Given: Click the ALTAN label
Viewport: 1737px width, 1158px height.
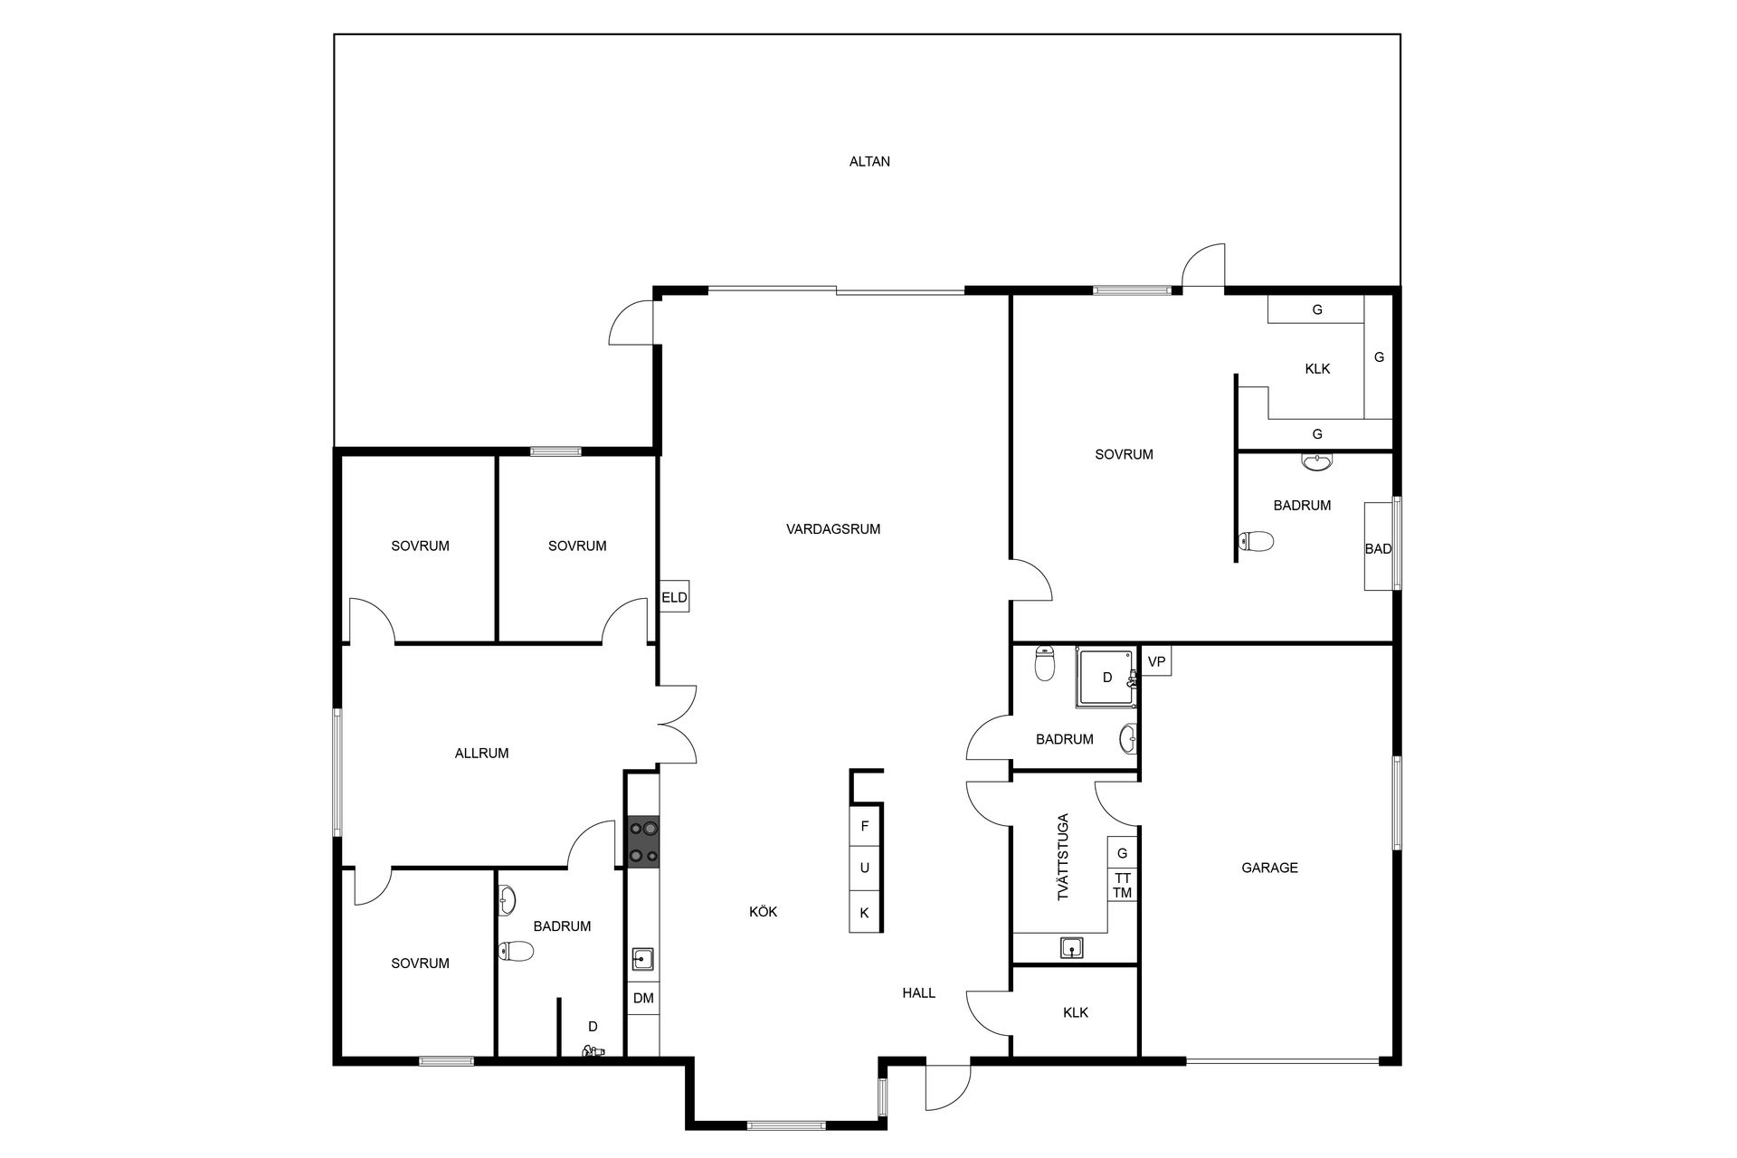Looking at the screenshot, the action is pos(869,162).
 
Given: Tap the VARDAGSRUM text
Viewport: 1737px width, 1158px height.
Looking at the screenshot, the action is pos(833,529).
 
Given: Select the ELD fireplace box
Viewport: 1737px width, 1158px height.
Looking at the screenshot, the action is pos(674,596).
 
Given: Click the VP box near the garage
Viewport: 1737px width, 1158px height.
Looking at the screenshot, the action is pos(1156,661).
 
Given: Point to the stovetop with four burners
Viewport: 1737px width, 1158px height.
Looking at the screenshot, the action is pos(643,841).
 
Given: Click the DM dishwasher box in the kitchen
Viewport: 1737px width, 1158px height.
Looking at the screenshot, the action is pos(643,999).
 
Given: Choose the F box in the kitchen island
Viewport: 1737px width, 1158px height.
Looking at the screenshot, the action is pos(864,826).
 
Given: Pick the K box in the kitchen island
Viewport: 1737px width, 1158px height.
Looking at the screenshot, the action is pos(864,913).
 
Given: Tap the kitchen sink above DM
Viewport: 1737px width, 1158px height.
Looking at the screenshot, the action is pos(642,958).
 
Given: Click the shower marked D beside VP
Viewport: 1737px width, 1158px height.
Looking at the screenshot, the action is pos(1105,677).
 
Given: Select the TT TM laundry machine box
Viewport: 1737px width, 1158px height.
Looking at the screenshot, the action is pos(1122,886).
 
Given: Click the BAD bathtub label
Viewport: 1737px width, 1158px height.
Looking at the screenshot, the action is pos(1378,549).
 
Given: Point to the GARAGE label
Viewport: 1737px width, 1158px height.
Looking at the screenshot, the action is pos(1269,868).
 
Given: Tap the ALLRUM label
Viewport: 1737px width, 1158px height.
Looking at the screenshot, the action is pos(481,753).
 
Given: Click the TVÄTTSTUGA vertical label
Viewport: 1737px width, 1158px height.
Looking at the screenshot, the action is pos(1063,856).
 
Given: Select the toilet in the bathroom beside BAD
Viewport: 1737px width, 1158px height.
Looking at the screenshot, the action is pos(1256,541).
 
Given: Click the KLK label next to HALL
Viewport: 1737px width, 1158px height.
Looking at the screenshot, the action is pos(1076,1012).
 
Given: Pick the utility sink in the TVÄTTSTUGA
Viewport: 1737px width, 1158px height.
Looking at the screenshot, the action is pos(1072,948).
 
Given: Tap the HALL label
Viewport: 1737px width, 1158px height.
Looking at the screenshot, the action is pos(918,992).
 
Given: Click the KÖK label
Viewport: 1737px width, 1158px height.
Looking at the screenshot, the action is pos(763,912).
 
